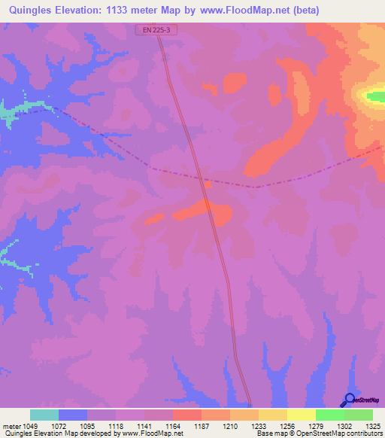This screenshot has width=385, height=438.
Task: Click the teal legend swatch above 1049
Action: pos(44,415)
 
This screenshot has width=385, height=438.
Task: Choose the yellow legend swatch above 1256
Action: pos(272,415)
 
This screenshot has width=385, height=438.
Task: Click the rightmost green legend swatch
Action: pos(358,415)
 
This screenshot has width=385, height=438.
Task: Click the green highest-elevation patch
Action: pos(374,96)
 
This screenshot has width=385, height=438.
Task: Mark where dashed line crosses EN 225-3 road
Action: pos(202,181)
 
